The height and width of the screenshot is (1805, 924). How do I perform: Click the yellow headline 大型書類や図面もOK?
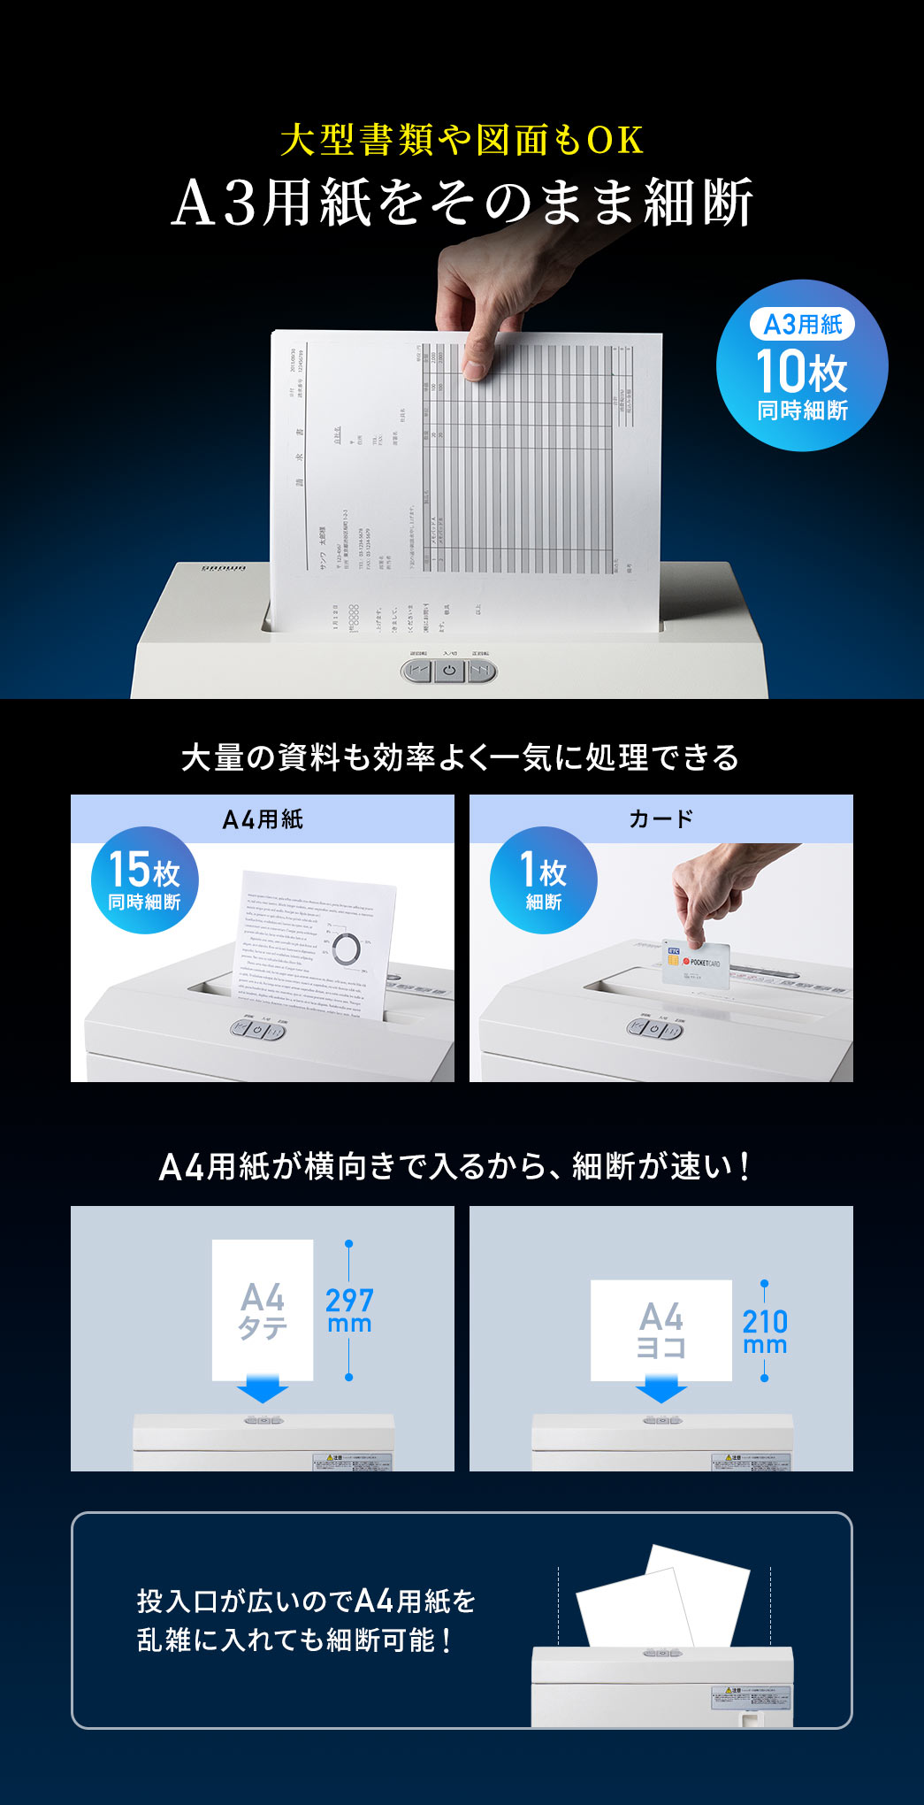click(x=462, y=140)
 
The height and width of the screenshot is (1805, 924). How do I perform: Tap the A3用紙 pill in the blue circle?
click(x=802, y=325)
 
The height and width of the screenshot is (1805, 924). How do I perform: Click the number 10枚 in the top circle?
click(x=801, y=372)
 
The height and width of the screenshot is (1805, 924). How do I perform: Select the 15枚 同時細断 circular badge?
click(x=144, y=880)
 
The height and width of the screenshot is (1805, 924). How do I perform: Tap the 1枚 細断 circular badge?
click(x=543, y=880)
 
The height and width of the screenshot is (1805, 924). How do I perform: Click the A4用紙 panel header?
click(x=263, y=819)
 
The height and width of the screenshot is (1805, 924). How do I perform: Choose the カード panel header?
click(x=661, y=819)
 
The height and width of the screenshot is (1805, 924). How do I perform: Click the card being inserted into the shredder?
click(x=693, y=964)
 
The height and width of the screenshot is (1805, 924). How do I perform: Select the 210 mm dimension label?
click(x=765, y=1332)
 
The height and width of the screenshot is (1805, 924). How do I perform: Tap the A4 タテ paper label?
click(x=263, y=1311)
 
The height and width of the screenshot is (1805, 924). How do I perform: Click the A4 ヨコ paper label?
click(x=661, y=1330)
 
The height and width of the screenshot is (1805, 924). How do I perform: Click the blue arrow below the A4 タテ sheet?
click(x=263, y=1388)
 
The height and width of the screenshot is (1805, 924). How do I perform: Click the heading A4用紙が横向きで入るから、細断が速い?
click(x=456, y=1167)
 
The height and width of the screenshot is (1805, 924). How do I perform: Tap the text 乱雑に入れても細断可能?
click(x=295, y=1640)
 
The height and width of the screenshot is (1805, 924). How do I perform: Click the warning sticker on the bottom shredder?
click(x=750, y=1697)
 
